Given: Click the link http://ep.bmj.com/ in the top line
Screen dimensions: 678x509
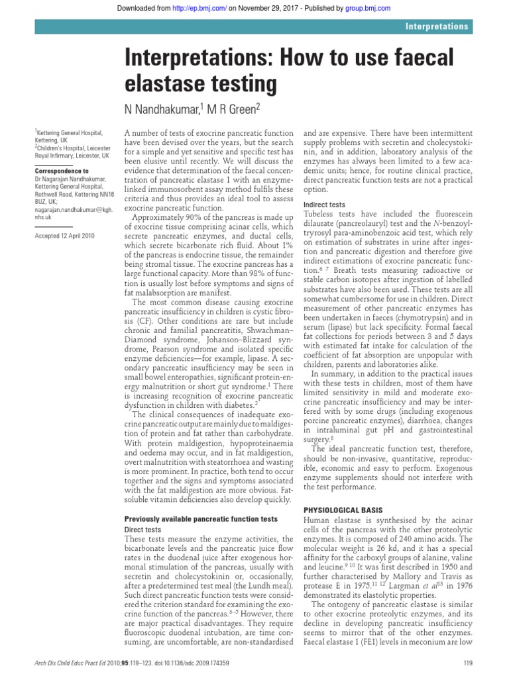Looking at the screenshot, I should tap(207, 9).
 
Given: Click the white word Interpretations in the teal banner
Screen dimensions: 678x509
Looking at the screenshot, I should tap(437, 27).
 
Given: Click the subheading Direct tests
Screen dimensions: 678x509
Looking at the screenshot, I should tap(143, 530).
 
